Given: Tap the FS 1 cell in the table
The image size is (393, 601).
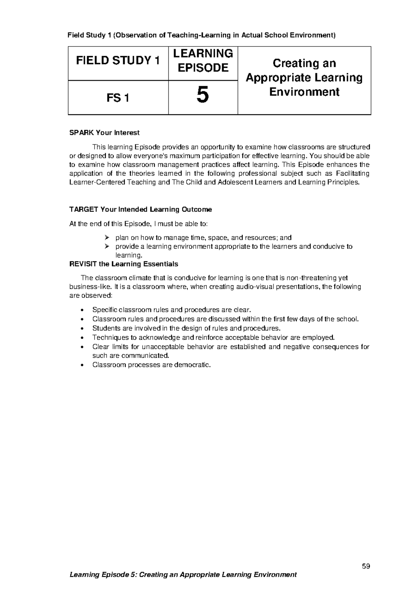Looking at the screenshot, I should tap(118, 98).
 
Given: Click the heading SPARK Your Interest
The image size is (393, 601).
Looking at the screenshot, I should tap(104, 133).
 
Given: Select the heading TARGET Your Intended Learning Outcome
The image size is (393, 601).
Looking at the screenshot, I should tap(140, 209).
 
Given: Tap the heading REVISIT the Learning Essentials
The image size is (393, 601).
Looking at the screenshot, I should tap(124, 264).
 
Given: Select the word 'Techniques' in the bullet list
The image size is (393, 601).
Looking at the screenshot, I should tap(109, 337).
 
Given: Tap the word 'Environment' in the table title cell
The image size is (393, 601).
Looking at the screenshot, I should tap(304, 92).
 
